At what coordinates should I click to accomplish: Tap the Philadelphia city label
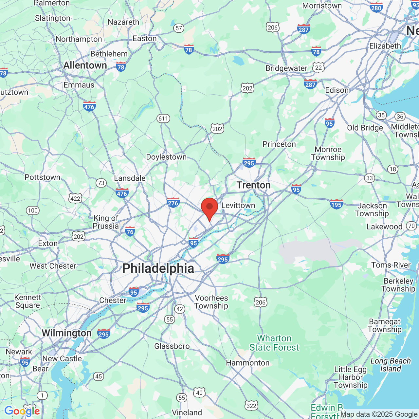[158, 268]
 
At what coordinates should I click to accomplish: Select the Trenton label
[254, 185]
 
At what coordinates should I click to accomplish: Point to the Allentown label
[85, 65]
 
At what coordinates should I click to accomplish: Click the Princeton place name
[279, 144]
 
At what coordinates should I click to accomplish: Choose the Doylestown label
[166, 157]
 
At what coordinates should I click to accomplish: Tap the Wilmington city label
[67, 333]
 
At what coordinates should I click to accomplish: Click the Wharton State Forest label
[274, 343]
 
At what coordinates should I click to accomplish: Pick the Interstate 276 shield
[173, 203]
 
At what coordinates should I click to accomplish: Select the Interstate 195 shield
[336, 204]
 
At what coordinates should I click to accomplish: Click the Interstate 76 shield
[130, 231]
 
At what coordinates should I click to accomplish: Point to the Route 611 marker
[163, 118]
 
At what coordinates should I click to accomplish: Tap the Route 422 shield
[75, 198]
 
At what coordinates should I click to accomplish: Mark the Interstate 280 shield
[376, 7]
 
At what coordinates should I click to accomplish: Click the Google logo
[22, 411]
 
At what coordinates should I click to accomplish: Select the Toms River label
[391, 265]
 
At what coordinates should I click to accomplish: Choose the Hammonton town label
[248, 363]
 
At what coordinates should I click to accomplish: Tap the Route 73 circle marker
[101, 183]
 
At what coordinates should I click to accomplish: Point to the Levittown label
[238, 206]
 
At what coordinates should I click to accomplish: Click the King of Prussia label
[106, 222]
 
